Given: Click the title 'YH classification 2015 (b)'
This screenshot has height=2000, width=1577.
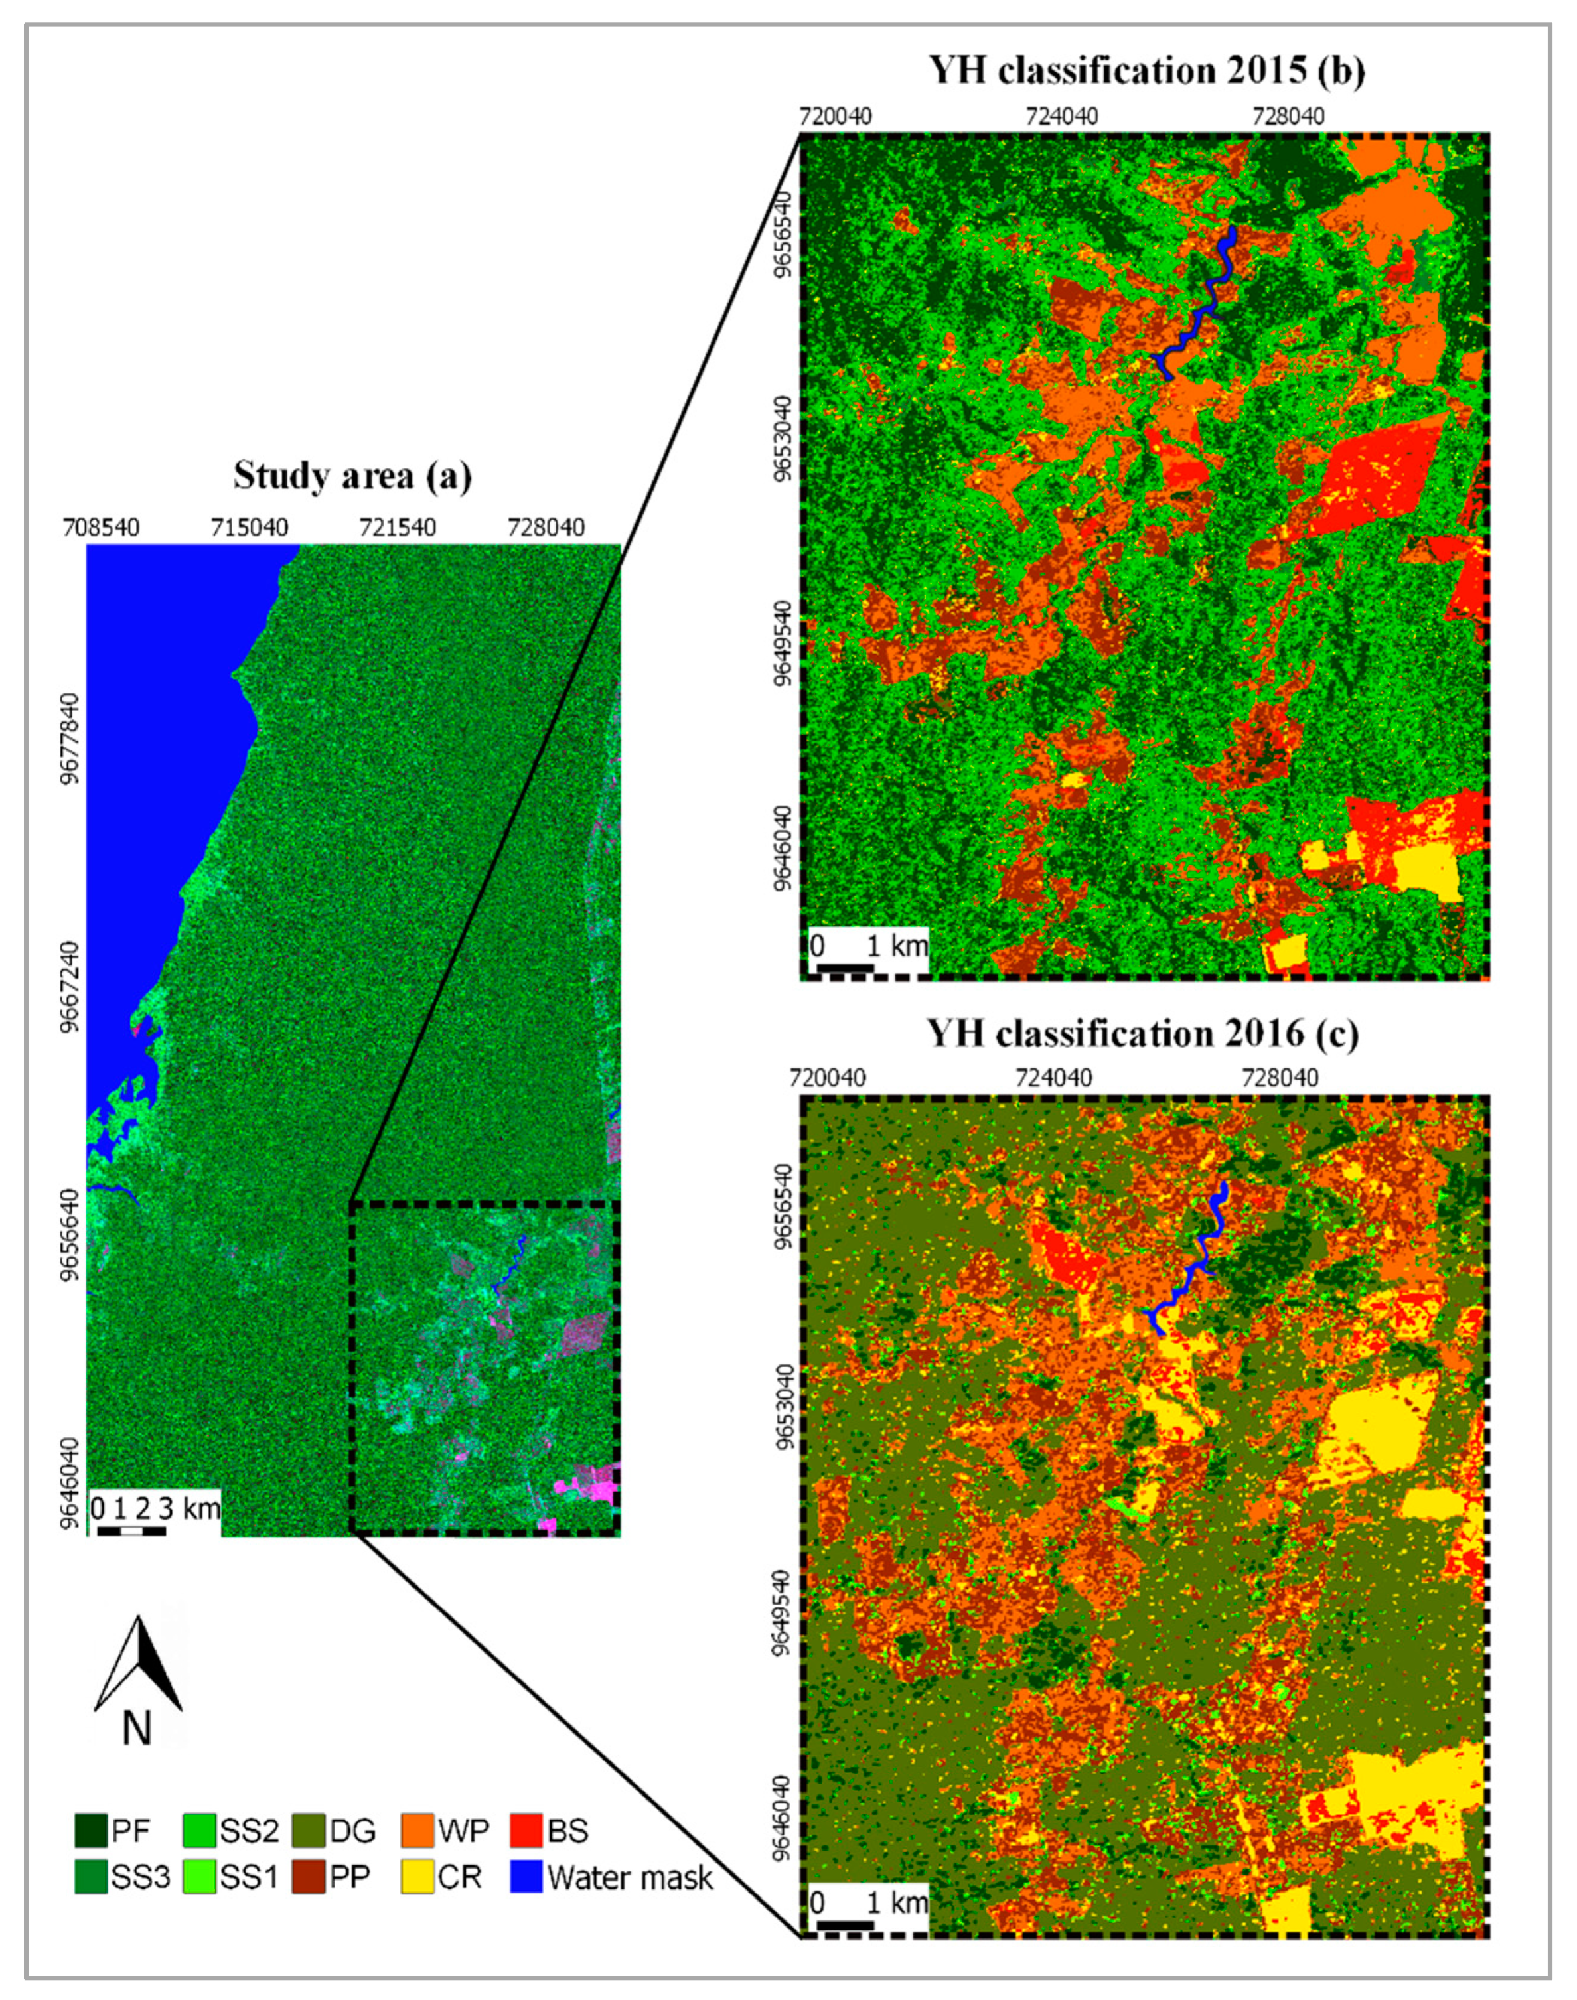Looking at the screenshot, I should tap(1146, 70).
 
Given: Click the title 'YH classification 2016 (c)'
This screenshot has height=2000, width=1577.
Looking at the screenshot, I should tap(1143, 1033).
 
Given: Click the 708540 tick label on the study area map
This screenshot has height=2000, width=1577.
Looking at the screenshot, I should tap(102, 527).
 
